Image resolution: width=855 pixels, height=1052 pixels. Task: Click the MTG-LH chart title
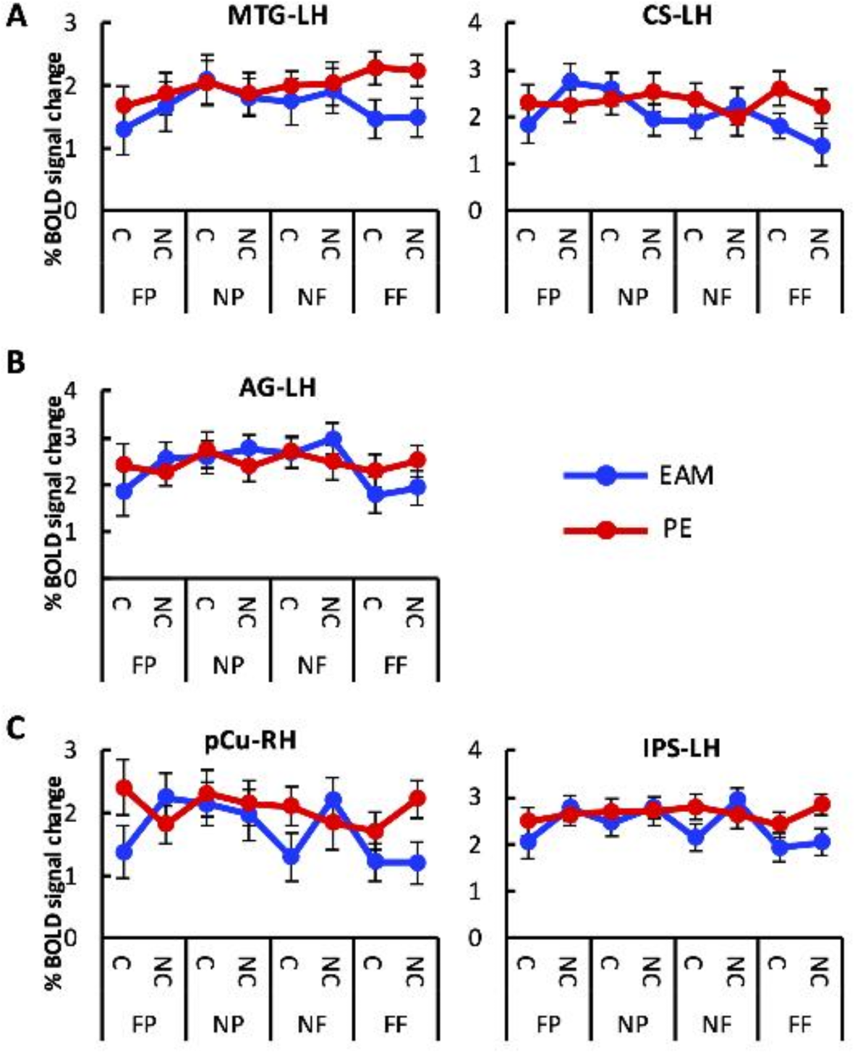click(278, 15)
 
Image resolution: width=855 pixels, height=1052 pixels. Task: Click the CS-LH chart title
click(677, 15)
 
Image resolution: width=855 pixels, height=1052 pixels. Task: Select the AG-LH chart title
click(278, 388)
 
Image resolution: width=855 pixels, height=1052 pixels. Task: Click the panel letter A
click(17, 15)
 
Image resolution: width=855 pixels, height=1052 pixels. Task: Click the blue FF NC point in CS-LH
click(820, 145)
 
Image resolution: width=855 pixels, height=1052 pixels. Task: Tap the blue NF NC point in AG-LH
click(333, 439)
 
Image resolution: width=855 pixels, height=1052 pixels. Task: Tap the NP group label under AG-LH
click(229, 664)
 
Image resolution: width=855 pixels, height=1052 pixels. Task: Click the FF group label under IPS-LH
click(799, 1023)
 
